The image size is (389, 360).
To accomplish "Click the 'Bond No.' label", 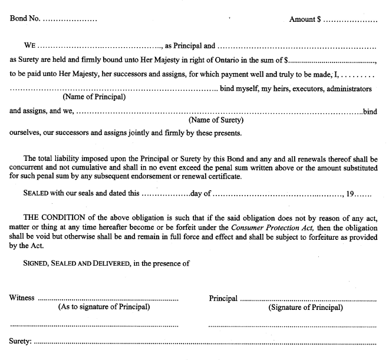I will [x=25, y=19].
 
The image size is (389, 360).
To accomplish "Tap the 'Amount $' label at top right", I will [x=305, y=19].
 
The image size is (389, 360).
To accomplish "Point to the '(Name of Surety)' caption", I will [x=216, y=120].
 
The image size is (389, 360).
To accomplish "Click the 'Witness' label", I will [x=22, y=298].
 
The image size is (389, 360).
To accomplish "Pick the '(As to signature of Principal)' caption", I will [x=104, y=307].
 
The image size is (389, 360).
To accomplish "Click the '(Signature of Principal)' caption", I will [x=305, y=307].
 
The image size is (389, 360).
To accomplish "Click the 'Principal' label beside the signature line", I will [x=223, y=298].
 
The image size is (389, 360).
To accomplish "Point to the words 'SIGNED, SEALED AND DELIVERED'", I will [x=77, y=263].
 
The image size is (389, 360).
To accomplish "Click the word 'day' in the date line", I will [x=197, y=193].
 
